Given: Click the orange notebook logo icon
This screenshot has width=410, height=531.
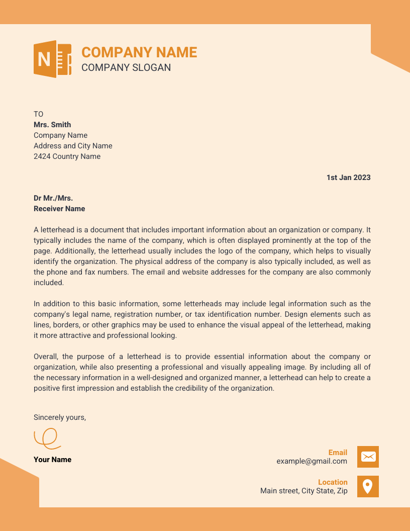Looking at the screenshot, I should pos(52,59).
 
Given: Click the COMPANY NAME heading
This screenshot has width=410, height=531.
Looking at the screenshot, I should pos(139,52).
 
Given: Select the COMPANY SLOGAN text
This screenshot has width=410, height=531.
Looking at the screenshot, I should pos(126,67).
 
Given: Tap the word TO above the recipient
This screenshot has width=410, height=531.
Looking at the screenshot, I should pos(39,114).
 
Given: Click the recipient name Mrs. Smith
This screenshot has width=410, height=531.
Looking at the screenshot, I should pos(52,125).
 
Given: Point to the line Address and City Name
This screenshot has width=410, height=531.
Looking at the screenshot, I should pos(73,146).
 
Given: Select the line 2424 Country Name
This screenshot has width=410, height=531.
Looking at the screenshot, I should pos(67,156).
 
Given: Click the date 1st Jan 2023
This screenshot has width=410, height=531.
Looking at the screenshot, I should pos(348,178).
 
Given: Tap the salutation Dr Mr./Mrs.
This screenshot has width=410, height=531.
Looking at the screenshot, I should pos(53,198).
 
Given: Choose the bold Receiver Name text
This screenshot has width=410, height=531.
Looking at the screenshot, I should pos(59,209).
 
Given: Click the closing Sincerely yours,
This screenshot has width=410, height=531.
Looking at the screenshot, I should pos(60,417).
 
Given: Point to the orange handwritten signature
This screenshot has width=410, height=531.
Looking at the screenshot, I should pos(47,438).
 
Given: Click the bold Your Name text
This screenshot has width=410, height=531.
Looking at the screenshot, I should pos(52,460).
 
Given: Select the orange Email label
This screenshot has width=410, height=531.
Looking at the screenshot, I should pos(338,453).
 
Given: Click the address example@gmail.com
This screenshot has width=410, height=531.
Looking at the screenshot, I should pos(312,461).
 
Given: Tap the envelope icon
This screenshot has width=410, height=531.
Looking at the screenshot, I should pos(368,457).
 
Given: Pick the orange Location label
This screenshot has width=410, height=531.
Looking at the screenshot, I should pos(333,482).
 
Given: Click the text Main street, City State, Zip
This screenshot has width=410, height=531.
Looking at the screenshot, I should pos(303,491).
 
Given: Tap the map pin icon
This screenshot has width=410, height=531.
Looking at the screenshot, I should pos(368,486).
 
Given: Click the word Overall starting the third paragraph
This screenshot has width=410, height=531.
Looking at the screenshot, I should pos(46,357).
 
